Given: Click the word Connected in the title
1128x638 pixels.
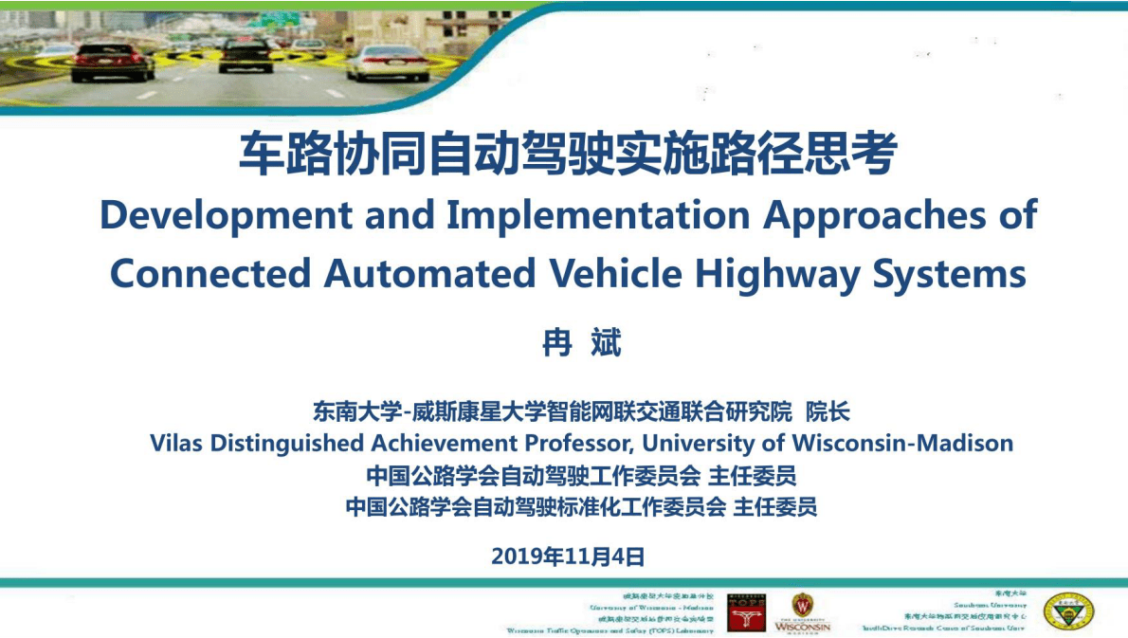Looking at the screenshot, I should (x=210, y=274).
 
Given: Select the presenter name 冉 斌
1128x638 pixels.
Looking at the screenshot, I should (x=581, y=343).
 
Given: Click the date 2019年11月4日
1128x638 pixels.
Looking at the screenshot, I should (x=568, y=556).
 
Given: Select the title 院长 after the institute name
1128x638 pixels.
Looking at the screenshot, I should (x=828, y=412).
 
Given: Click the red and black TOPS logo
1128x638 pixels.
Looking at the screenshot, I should (x=746, y=613).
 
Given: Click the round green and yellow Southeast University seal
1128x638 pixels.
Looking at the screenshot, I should (x=1068, y=612).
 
